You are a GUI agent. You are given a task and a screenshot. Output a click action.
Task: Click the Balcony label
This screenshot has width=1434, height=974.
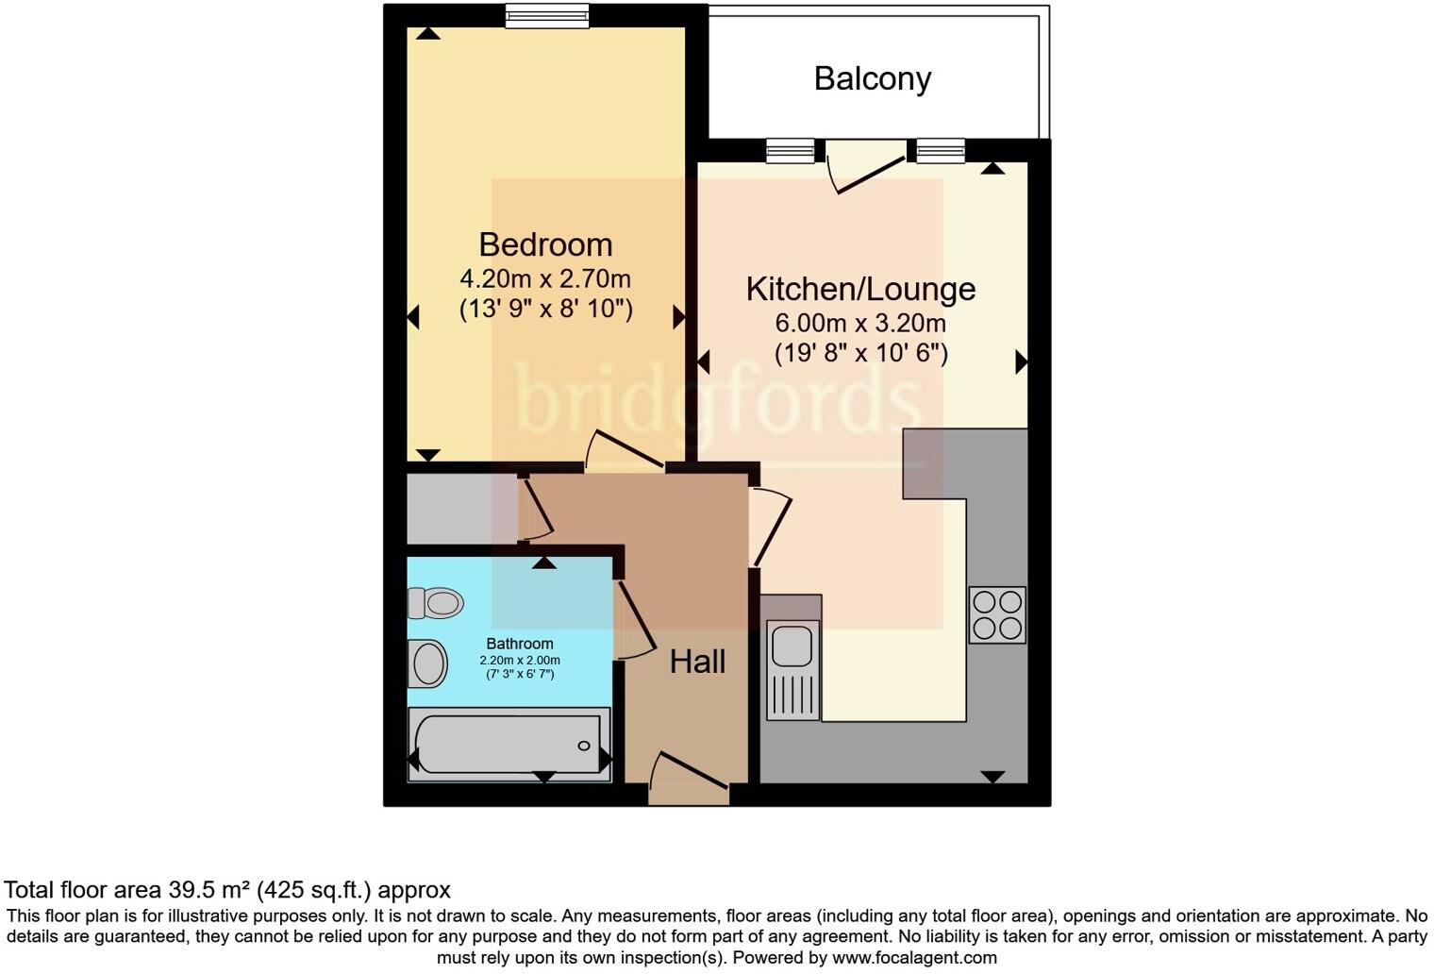(872, 78)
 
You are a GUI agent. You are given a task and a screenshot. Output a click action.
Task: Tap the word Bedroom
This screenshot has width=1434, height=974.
(545, 244)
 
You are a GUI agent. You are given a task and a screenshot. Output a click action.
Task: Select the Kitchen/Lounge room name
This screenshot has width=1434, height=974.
(860, 289)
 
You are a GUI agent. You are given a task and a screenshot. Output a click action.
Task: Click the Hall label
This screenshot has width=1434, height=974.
(697, 662)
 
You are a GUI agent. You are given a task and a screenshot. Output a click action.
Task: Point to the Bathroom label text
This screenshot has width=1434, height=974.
(520, 644)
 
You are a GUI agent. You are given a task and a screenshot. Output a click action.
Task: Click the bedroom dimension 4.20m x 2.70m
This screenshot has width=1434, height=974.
(545, 279)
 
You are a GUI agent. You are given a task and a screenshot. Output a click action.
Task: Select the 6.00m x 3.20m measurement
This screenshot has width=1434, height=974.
(860, 324)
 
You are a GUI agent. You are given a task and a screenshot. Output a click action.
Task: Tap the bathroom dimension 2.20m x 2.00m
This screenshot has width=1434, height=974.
(520, 660)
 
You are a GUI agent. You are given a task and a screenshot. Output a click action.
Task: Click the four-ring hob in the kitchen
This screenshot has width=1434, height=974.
(997, 615)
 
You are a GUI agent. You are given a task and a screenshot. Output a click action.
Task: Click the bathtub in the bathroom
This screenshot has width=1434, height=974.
(509, 745)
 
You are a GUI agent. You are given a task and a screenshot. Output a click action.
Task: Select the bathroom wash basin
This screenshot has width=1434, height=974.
(428, 663)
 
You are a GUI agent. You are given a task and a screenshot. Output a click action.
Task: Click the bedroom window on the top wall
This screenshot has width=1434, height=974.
(547, 15)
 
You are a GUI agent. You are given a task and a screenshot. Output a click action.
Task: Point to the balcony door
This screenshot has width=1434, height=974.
(863, 165)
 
